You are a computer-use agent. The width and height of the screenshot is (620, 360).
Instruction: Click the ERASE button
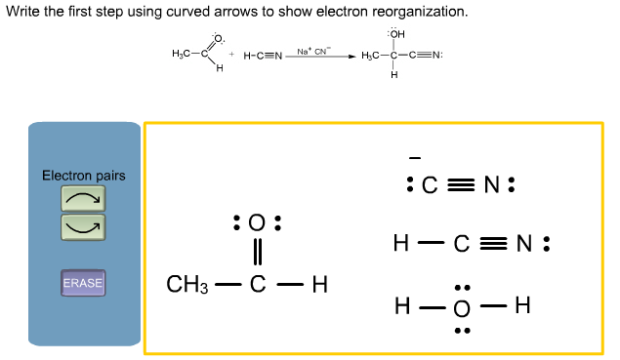pos(83,283)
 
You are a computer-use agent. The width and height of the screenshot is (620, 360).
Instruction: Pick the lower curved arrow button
pos(83,227)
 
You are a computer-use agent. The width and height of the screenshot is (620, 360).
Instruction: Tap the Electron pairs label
pos(83,176)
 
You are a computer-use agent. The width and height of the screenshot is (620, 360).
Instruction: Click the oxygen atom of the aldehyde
pos(258,222)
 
